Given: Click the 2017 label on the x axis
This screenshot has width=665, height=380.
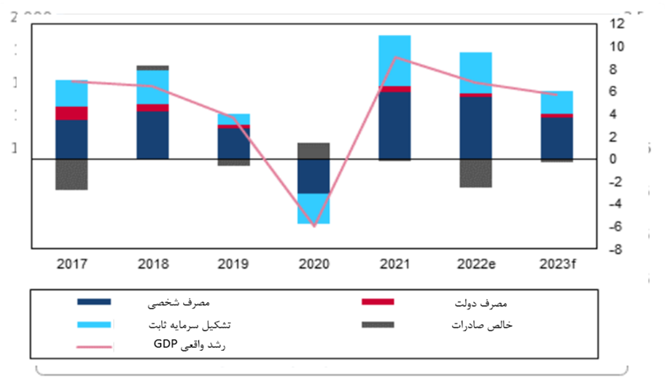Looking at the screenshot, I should pyautogui.click(x=71, y=264).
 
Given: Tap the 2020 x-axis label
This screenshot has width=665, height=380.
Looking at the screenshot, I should pyautogui.click(x=314, y=264).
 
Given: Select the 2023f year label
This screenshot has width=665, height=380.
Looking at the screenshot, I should pyautogui.click(x=557, y=264).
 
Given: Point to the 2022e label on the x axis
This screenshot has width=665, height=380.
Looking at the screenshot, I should pyautogui.click(x=476, y=264).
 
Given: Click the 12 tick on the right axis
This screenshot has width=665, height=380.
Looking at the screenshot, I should pyautogui.click(x=617, y=24).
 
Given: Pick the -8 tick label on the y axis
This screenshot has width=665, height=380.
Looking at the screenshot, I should pyautogui.click(x=617, y=250).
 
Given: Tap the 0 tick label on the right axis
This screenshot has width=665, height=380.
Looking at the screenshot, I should pyautogui.click(x=613, y=159).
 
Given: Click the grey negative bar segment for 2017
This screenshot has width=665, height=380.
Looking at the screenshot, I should pyautogui.click(x=71, y=174).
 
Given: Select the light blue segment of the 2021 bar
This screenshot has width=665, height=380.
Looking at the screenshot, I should pyautogui.click(x=394, y=60).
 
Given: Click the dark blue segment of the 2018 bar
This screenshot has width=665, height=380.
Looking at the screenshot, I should pyautogui.click(x=152, y=135).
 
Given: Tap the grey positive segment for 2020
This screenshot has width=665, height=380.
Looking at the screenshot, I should pyautogui.click(x=314, y=151).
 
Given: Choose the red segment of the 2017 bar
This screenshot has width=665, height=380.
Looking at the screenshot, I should pyautogui.click(x=71, y=113).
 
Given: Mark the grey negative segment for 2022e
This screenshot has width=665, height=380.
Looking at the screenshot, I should pyautogui.click(x=476, y=173).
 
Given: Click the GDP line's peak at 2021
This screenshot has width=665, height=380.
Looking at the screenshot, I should pyautogui.click(x=394, y=57).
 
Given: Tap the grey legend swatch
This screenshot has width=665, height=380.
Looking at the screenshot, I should pyautogui.click(x=378, y=325).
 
